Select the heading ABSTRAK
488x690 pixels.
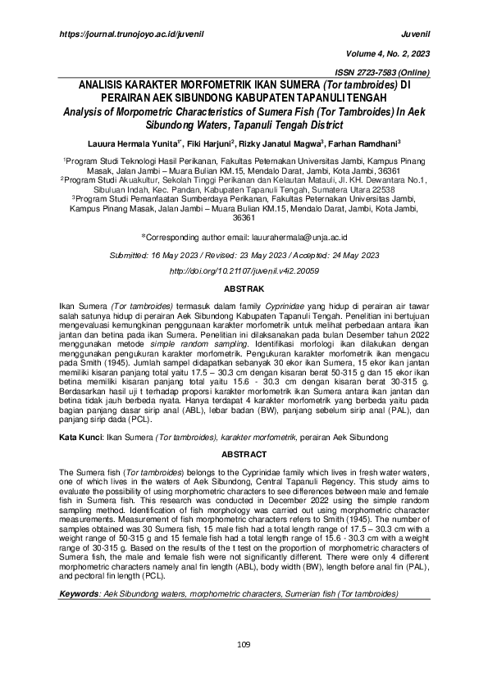[244, 290]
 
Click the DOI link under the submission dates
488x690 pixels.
[244, 270]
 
